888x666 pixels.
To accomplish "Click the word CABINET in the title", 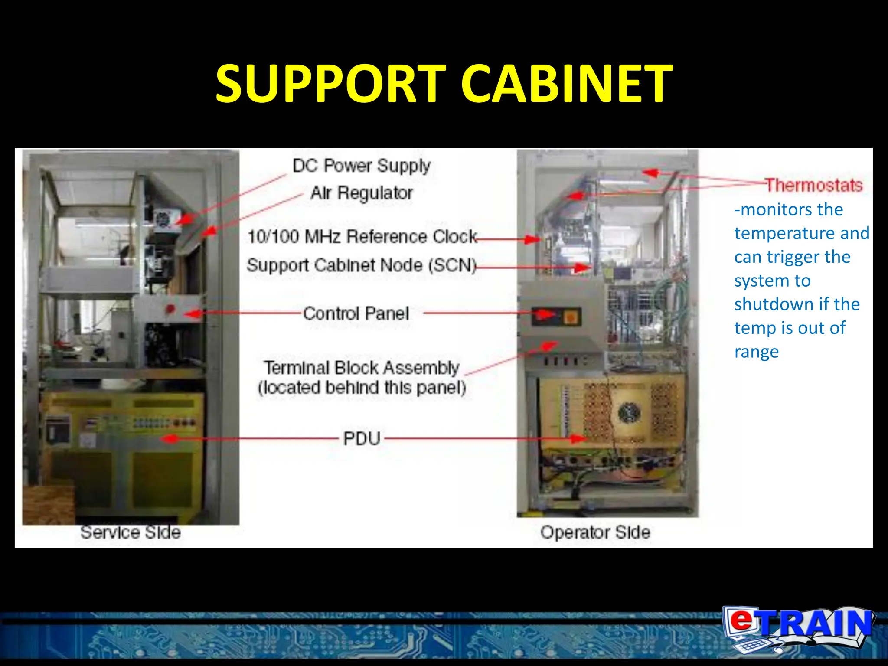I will coord(566,83).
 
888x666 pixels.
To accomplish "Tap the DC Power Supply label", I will coord(361,166).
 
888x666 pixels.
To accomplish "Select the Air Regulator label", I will coord(362,193).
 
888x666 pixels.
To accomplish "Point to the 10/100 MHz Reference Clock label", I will coord(362,237).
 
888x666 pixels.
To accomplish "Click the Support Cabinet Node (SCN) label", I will coord(362,265).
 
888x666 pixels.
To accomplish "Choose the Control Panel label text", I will coord(356,313).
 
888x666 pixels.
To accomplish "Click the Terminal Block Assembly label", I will coord(362,368).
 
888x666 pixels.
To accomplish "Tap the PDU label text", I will coord(362,438).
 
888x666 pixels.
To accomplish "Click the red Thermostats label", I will coord(813,185).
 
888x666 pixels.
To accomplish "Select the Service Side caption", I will coord(131,532).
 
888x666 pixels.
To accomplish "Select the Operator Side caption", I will coord(595,532).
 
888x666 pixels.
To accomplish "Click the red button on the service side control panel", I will coord(170,309).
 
